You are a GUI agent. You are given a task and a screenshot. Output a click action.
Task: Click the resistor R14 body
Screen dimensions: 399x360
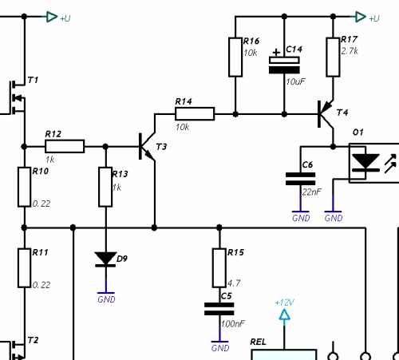[195, 114]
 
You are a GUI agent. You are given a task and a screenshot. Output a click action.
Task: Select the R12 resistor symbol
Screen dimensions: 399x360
[65, 146]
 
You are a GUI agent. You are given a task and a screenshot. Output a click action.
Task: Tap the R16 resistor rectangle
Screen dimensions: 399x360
[235, 57]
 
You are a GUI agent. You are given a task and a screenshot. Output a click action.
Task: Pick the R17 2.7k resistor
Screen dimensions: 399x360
[333, 57]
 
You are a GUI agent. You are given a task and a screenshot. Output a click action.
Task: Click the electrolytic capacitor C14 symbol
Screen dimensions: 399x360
[284, 65]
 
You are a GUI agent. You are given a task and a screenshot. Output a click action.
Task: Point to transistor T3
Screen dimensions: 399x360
[147, 146]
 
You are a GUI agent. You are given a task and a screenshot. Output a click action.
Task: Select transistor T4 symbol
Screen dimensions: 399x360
[326, 114]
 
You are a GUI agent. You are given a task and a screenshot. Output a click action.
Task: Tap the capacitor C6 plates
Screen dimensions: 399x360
[301, 179]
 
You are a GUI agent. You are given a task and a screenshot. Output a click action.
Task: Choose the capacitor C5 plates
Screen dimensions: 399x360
[219, 309]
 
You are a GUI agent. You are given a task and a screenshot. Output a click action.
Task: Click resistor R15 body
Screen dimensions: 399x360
[219, 268]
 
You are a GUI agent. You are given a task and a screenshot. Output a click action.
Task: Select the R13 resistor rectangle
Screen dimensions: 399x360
[105, 187]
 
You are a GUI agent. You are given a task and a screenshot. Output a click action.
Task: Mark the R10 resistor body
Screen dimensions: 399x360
[24, 187]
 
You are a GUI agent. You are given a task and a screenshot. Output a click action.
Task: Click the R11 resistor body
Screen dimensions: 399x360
[24, 268]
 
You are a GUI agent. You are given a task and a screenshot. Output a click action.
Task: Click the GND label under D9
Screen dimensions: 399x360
[106, 299]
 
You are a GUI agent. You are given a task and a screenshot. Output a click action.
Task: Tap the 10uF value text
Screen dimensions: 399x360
[295, 81]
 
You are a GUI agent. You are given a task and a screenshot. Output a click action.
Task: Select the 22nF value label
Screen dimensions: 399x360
[311, 192]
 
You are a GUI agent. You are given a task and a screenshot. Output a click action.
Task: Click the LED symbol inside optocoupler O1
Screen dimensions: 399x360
[365, 163]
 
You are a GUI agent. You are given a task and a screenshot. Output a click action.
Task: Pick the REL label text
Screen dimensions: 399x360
[258, 342]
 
